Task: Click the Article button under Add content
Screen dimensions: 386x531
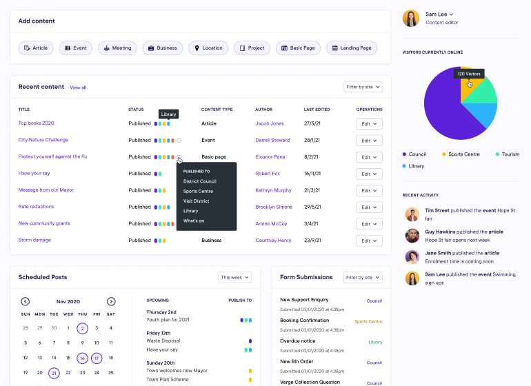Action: point(35,48)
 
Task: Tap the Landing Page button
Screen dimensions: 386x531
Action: point(352,48)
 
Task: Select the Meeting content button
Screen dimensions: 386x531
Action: point(117,48)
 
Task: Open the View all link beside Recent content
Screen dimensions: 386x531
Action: point(78,88)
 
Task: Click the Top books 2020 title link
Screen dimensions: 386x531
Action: point(36,123)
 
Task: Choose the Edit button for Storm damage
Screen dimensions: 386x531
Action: point(369,241)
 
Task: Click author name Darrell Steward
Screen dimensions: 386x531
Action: point(272,140)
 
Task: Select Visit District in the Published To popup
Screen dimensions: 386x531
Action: point(196,201)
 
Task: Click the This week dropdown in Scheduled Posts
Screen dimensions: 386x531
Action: point(234,277)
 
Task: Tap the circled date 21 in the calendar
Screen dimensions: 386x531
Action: point(54,373)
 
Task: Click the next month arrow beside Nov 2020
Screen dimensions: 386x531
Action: point(111,301)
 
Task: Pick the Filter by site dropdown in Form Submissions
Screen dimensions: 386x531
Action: point(363,277)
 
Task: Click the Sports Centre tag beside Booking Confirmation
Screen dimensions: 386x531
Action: point(368,321)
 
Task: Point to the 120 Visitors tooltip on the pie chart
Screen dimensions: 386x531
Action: point(469,74)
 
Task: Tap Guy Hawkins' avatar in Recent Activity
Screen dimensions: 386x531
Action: point(412,236)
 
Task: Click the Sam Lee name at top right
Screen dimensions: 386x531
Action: point(437,14)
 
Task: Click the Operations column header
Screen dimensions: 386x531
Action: point(369,110)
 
